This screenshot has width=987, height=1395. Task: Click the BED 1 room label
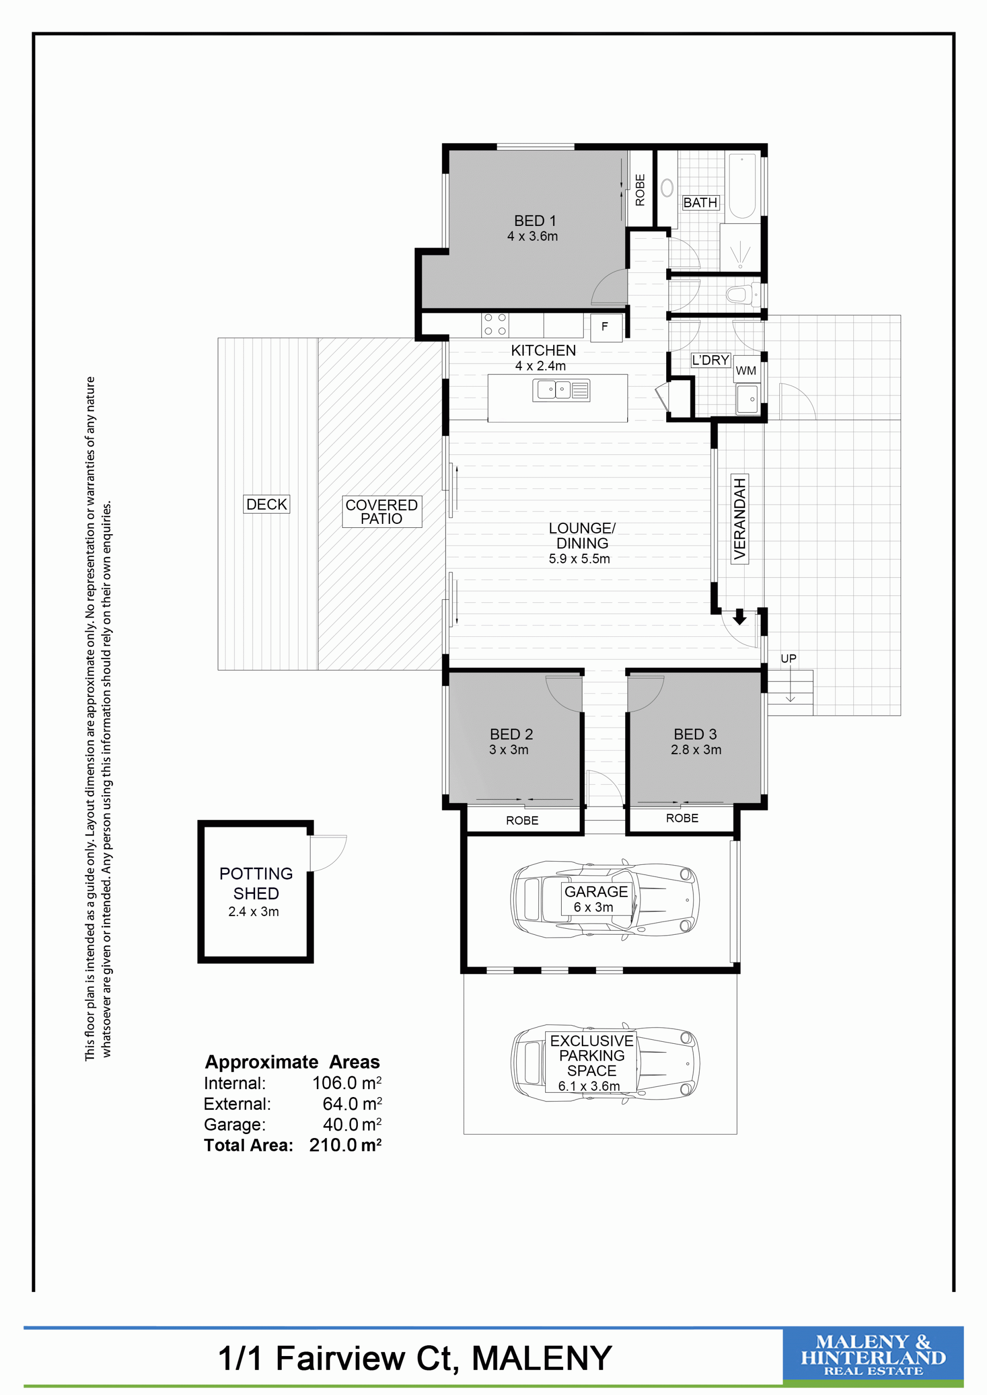click(535, 220)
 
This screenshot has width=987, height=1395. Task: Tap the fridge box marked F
click(606, 328)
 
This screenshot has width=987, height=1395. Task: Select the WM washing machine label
click(746, 370)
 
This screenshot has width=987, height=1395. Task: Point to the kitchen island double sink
click(561, 390)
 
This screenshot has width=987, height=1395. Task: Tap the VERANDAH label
click(739, 518)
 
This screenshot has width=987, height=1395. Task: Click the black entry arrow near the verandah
click(739, 617)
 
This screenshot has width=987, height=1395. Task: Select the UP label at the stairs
click(788, 659)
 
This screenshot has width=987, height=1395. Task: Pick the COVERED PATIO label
click(381, 512)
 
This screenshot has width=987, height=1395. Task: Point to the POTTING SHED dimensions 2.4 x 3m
click(254, 912)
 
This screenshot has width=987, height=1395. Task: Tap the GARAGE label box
click(596, 899)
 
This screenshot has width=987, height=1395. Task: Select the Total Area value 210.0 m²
click(345, 1145)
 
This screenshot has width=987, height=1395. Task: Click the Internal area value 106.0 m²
click(346, 1083)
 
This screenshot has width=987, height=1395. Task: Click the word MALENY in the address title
click(541, 1358)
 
